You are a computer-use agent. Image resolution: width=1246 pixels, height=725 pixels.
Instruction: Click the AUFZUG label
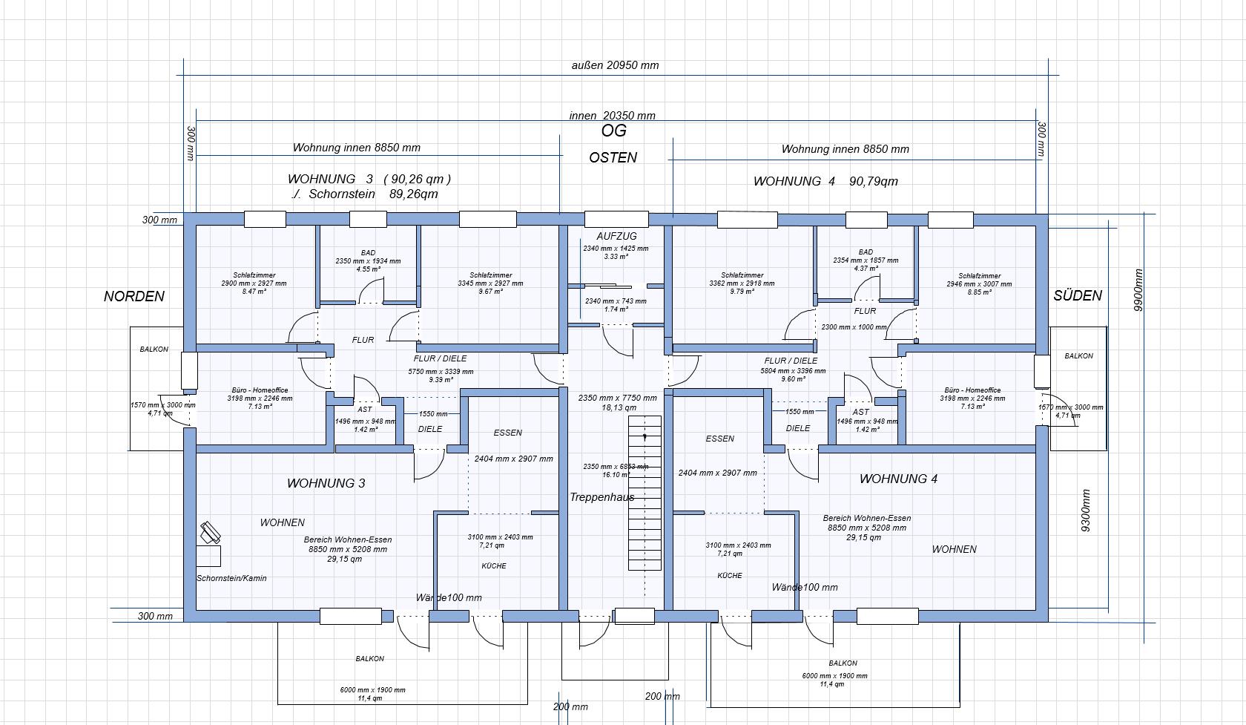(616, 236)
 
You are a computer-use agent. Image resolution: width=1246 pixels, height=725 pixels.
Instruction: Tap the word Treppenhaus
(601, 497)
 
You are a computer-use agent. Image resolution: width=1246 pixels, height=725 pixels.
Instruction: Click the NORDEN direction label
(134, 296)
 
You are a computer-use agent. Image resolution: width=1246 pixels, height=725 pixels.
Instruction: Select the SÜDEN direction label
(1078, 295)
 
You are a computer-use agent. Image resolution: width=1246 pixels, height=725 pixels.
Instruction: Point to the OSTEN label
(613, 157)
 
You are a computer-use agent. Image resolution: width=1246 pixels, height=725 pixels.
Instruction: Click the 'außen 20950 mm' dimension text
(615, 65)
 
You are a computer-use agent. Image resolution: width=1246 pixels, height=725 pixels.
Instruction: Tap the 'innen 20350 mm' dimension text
(612, 116)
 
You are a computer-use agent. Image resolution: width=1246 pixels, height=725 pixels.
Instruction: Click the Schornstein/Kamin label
(231, 578)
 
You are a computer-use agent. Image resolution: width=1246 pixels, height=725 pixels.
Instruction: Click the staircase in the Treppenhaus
(645, 493)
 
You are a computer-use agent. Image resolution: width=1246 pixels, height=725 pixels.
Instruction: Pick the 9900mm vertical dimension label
(1139, 289)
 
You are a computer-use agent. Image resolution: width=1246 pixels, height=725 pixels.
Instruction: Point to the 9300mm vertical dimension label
(1086, 511)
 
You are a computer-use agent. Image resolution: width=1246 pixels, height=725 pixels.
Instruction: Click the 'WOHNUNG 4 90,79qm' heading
(825, 181)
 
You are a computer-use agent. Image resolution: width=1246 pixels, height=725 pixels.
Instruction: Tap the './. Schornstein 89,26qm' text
(364, 194)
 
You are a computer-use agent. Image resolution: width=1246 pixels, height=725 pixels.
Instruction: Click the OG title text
(613, 131)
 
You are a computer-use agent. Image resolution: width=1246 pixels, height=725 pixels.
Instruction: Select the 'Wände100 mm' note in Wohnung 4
(805, 587)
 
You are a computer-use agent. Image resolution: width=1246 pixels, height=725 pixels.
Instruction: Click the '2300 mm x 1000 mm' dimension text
(854, 327)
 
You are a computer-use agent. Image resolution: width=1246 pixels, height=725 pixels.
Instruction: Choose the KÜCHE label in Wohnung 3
(494, 566)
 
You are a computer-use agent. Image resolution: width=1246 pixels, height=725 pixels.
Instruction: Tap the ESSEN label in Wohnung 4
(719, 439)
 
